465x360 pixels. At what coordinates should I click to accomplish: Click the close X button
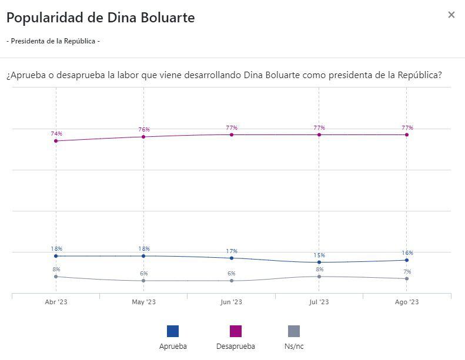point(451,15)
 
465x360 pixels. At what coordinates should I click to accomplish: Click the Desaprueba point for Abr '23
point(56,141)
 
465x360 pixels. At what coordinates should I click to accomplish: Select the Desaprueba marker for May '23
point(143,137)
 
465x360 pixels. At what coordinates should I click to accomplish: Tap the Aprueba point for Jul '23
point(319,263)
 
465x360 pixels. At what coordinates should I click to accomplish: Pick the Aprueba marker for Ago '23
point(407,260)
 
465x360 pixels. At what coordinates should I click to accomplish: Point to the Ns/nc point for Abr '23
point(56,277)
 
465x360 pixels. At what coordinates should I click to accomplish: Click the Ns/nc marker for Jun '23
point(232,281)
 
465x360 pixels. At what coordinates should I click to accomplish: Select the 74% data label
point(56,134)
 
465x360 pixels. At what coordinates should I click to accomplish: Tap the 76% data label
point(144,129)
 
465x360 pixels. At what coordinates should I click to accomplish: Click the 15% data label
point(319,255)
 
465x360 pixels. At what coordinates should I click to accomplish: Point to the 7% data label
point(407,271)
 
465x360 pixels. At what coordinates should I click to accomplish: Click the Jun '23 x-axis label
point(232,302)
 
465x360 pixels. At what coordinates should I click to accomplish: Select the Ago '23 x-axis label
point(407,302)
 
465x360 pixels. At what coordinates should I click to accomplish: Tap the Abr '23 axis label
point(56,302)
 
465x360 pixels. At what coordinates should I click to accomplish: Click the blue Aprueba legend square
point(173,331)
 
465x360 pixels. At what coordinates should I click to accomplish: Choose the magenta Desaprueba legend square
point(235,331)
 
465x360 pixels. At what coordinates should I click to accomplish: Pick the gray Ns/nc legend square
point(294,331)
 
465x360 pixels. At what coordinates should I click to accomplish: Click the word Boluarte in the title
point(168,18)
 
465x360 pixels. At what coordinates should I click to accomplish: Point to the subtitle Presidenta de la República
point(53,41)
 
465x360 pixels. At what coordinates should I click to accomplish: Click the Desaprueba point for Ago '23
point(407,135)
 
